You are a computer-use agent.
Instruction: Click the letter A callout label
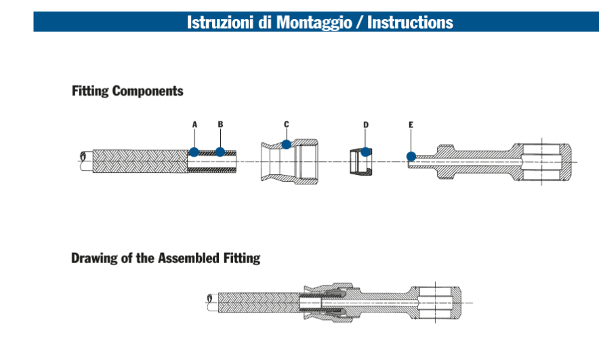pos(194,125)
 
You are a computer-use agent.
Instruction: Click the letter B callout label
pos(220,125)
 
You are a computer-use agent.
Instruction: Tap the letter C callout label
pos(287,124)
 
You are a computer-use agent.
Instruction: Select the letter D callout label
pos(366,125)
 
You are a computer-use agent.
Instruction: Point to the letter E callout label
pos(411,125)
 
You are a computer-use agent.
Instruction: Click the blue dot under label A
pos(194,151)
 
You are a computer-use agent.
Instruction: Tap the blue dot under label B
pos(220,151)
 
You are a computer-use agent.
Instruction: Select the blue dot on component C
pos(287,144)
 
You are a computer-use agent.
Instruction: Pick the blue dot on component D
pos(366,151)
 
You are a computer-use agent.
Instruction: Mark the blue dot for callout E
pos(411,157)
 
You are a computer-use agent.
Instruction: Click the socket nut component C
pos(289,162)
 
